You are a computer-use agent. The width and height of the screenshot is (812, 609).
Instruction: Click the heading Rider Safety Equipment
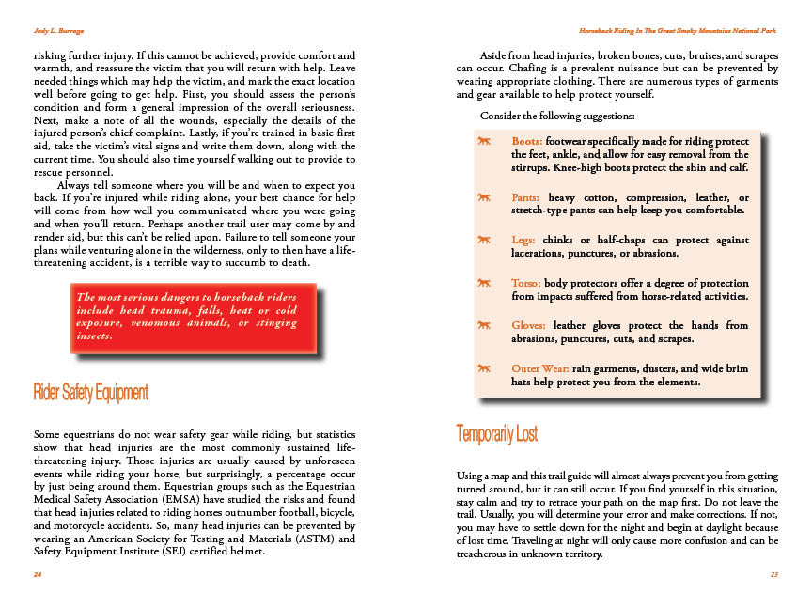[x=90, y=391]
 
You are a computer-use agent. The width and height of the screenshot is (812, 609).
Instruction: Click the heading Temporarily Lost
[x=496, y=433]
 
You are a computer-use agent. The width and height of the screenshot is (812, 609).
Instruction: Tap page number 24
[x=37, y=573]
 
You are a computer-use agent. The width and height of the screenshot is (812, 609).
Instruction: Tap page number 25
[x=773, y=573]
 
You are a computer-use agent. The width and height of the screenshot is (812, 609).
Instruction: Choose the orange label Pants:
[x=524, y=197]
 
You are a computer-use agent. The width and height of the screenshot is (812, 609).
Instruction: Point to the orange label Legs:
[x=523, y=241]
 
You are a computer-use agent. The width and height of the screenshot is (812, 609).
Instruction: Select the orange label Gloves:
[x=528, y=325]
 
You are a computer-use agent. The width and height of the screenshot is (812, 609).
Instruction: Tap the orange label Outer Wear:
[x=539, y=367]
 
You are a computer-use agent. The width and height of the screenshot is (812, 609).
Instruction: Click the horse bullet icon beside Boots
[x=484, y=141]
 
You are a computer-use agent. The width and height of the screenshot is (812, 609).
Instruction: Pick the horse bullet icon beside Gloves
[x=484, y=325]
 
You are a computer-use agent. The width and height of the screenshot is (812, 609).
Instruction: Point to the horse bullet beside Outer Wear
[x=484, y=367]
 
